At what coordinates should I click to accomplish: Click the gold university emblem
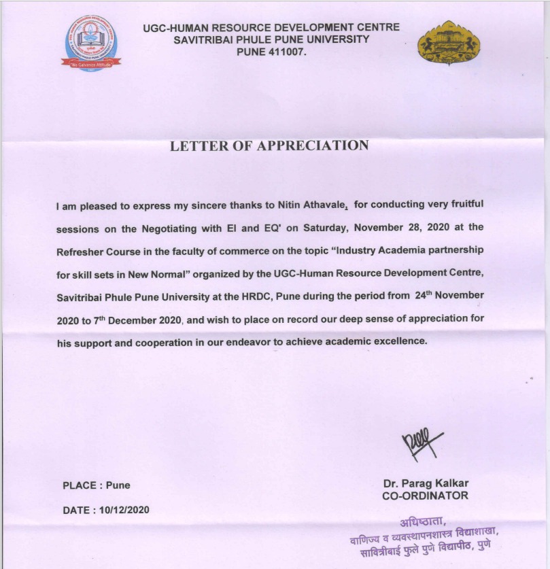(x=448, y=42)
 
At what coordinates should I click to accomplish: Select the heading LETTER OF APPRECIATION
(x=269, y=145)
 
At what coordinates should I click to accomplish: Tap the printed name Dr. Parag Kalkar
(x=426, y=483)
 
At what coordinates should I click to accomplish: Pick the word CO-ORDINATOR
(x=426, y=496)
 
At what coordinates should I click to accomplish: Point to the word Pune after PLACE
(x=118, y=485)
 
